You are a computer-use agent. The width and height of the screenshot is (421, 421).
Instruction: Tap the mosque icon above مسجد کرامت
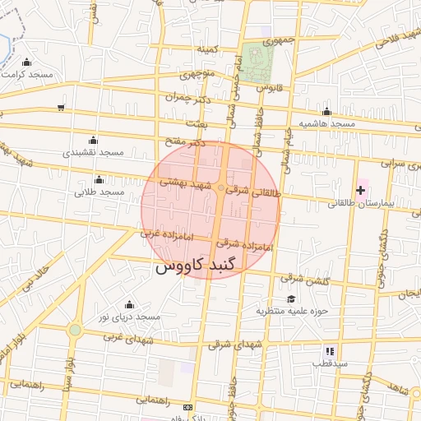pos(27,62)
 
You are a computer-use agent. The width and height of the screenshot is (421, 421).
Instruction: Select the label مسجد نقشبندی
pos(93,153)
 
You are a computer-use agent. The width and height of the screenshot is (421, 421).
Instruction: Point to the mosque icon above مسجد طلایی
pos(99,179)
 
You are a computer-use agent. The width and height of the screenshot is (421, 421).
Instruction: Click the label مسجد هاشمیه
pos(326,124)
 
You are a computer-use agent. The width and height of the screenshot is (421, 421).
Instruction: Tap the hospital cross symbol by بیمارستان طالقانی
pos(360,190)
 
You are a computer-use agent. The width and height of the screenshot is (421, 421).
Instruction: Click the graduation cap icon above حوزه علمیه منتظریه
pos(291,298)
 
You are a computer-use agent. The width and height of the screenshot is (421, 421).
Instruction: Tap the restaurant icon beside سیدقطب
pos(330,351)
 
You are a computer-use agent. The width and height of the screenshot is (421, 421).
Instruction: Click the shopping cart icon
pos(61,108)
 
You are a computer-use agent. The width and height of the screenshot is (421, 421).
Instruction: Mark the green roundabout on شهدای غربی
pos(75,330)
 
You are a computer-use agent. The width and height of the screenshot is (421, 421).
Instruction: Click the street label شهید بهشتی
pos(187,185)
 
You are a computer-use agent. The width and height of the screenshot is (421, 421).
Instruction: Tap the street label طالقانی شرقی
pos(253,192)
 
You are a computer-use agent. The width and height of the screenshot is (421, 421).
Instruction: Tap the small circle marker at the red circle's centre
pos(220,189)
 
